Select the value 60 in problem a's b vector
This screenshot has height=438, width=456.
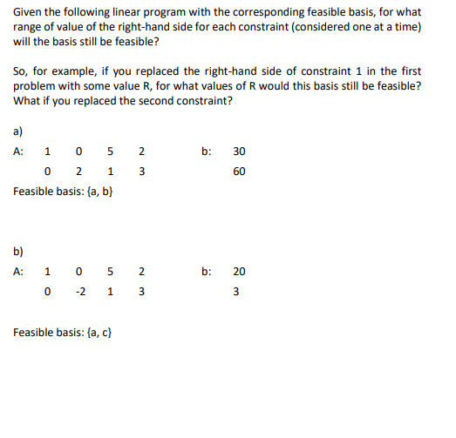(240, 171)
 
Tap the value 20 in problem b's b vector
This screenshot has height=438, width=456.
(240, 272)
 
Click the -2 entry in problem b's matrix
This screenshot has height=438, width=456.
(79, 292)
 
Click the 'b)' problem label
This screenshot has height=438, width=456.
(19, 252)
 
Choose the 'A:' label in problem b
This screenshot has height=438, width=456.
(20, 272)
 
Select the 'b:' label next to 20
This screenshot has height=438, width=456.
(206, 272)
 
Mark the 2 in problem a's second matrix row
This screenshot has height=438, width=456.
(79, 171)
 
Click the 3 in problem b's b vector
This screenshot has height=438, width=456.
(240, 292)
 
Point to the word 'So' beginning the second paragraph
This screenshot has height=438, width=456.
(21, 71)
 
